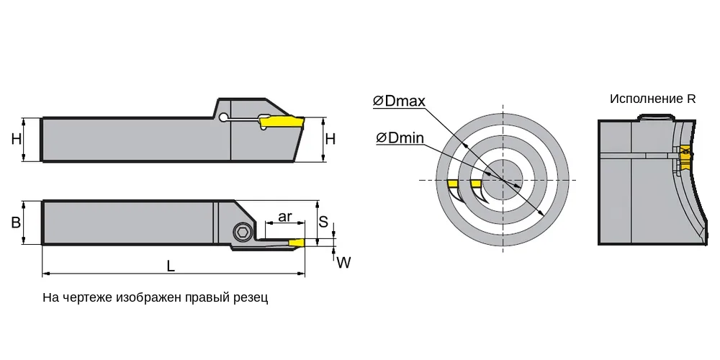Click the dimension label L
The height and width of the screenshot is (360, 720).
coord(171,266)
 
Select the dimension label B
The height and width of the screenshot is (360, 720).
coord(16,222)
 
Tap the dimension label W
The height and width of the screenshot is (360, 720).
coord(343,263)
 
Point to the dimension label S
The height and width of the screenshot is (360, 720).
coord(323,222)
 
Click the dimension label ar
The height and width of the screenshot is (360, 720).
coord(285,216)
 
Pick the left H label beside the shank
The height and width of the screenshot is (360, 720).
coord(17,139)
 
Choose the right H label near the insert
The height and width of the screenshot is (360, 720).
coord(330,139)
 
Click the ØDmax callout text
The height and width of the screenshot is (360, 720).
coord(400,101)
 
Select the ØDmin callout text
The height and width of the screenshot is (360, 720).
coord(400,138)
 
